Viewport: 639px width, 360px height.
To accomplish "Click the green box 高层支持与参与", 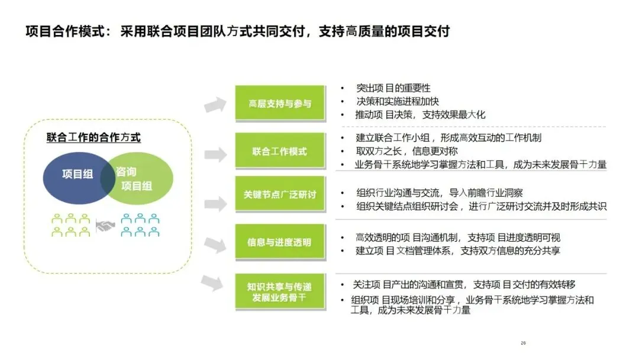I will click(280, 104).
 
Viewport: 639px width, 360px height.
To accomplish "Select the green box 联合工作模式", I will click(280, 152).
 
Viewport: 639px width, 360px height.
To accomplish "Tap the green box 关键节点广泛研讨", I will click(280, 194).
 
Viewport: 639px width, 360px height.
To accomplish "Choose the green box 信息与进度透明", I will click(280, 242).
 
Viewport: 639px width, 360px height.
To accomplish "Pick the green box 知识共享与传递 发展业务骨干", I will click(280, 291).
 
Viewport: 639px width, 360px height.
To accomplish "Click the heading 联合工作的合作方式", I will click(93, 138).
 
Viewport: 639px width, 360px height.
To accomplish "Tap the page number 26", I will click(523, 343).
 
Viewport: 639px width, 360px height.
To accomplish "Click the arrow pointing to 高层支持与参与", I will click(215, 105).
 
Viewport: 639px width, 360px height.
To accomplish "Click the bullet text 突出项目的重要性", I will click(393, 89).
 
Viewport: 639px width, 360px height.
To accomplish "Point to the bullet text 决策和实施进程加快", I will click(397, 101).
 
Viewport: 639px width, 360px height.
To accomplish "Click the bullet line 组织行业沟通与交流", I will click(439, 193).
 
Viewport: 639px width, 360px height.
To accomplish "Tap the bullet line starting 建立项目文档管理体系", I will click(457, 250).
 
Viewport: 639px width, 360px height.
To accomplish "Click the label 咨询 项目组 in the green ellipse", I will click(136, 179).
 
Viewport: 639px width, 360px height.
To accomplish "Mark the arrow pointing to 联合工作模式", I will click(215, 154).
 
